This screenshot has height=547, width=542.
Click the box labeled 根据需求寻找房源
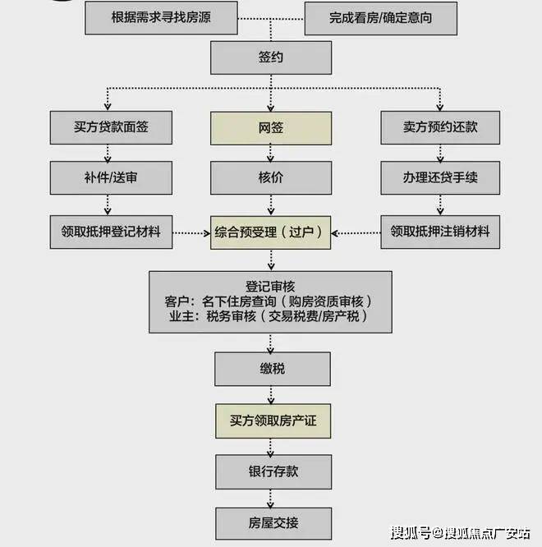(161, 17)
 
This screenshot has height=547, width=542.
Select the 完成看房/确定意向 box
(380, 17)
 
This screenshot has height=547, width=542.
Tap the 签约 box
(272, 57)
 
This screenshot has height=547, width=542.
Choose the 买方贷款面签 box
(111, 127)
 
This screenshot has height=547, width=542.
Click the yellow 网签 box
(272, 127)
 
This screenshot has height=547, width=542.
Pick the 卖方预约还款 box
(440, 127)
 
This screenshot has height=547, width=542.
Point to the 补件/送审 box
(111, 178)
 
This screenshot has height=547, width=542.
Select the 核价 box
(272, 178)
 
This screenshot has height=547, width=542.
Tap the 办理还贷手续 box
(440, 178)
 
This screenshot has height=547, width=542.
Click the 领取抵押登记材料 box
(111, 232)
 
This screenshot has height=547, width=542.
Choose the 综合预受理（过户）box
(272, 232)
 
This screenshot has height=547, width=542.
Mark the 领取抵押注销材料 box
(440, 232)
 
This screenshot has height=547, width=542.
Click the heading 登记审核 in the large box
(271, 284)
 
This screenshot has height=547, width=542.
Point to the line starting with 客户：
(271, 300)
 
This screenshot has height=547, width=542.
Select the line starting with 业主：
(271, 316)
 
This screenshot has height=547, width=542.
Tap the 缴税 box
(272, 369)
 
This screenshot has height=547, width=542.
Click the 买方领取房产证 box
(272, 421)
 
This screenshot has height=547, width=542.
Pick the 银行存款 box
(272, 471)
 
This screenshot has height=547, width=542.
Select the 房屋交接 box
(272, 522)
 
